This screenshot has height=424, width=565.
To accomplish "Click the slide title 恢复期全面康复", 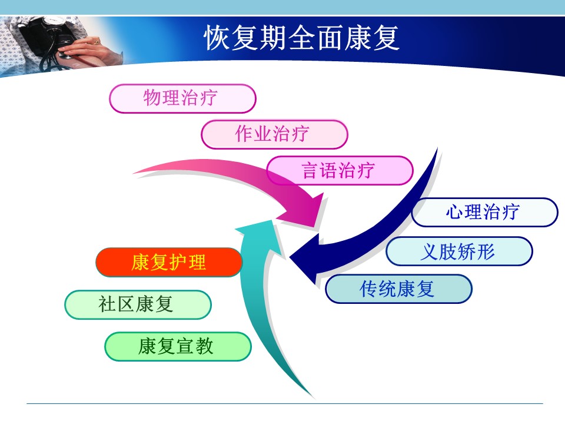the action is tap(302, 38).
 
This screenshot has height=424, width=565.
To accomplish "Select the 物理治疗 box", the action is tap(182, 98).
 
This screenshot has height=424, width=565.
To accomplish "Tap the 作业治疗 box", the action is tap(274, 134).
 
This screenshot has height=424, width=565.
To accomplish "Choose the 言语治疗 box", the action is tap(340, 170).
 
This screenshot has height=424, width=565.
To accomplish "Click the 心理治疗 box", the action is tap(484, 212).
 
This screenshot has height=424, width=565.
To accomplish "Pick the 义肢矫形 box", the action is tap(459, 251).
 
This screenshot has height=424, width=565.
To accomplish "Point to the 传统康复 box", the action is tap(398, 289).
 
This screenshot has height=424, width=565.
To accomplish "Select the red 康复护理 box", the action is tap(169, 262).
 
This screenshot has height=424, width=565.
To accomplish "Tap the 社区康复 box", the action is tap(138, 304).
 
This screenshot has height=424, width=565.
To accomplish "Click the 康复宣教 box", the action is tap(178, 346).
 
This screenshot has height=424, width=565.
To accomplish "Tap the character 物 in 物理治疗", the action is tap(152, 98).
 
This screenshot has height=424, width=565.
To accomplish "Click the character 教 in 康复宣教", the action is tap(204, 346).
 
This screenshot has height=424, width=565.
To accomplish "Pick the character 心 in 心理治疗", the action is tap(455, 211).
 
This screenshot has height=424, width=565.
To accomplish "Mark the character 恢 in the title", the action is tap(217, 38).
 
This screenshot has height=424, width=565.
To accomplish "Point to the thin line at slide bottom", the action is tap(285, 403).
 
